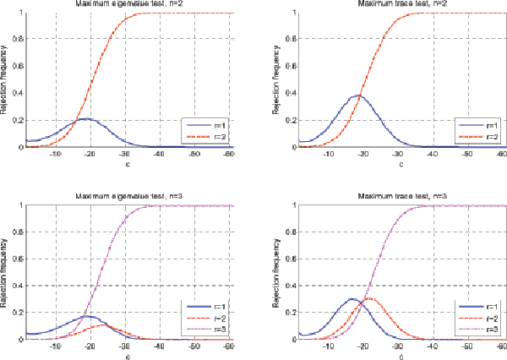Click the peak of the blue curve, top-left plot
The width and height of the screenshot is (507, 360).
coord(85,118)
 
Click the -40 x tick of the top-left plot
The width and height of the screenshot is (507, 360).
coord(159,155)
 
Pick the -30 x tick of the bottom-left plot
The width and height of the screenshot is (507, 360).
coord(124,347)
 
